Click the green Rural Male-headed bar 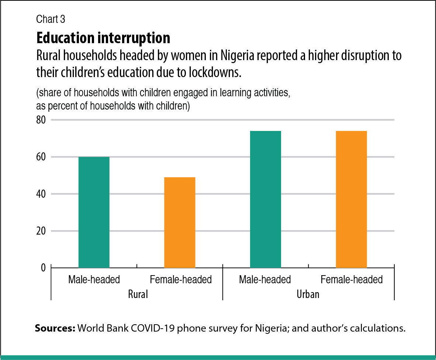(x=94, y=212)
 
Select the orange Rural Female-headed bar (x=180, y=222)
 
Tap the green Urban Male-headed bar (x=265, y=199)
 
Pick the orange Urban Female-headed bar (x=351, y=199)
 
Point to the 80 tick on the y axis (x=41, y=120)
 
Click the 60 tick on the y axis (x=41, y=157)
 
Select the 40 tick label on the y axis (x=41, y=194)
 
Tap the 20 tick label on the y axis (x=41, y=231)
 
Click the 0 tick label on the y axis (x=43, y=267)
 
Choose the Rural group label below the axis (x=138, y=295)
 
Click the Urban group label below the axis (x=308, y=295)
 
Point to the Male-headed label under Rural (x=94, y=280)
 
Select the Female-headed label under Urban (x=352, y=280)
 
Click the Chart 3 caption (x=51, y=20)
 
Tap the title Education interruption (x=103, y=38)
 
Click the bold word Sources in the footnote (x=55, y=328)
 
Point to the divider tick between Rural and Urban (x=223, y=284)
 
